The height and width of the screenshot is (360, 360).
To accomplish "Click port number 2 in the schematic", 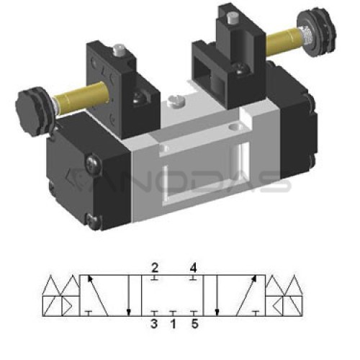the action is (155, 268).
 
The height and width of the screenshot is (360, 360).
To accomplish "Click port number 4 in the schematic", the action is (193, 268).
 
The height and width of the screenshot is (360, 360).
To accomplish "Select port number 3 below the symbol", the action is (154, 324).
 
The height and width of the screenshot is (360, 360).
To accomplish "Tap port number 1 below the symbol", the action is (174, 324).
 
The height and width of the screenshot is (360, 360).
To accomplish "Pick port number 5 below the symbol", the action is (195, 324).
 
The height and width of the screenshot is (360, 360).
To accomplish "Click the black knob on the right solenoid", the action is (317, 34).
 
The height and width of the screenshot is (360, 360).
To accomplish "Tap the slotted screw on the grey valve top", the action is (177, 100).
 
